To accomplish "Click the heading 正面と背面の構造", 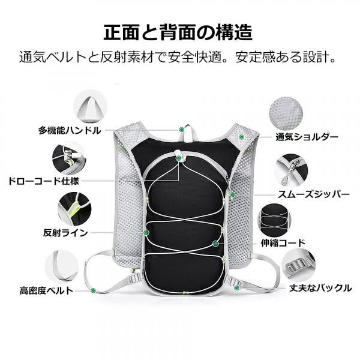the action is [x=178, y=32].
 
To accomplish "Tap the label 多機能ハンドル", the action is [x=70, y=130].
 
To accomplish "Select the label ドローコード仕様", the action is [x=44, y=181].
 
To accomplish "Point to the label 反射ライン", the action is [x=65, y=233].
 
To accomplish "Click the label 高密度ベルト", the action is [x=46, y=290].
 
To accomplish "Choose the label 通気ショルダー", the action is [x=307, y=137].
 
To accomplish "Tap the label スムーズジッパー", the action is [x=313, y=194].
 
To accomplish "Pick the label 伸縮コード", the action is [x=283, y=242].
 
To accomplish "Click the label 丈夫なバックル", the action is [x=320, y=287].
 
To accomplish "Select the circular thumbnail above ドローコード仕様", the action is [x=69, y=160].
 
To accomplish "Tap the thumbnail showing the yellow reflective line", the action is [x=74, y=209].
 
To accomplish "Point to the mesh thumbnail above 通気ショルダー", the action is [x=286, y=114].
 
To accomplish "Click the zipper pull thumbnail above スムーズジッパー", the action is [x=291, y=170].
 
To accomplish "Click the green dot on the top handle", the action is [x=182, y=130].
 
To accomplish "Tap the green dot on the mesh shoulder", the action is [x=241, y=137].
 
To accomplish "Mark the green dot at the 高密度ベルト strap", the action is [x=93, y=290].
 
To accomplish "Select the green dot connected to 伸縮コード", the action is [x=215, y=244].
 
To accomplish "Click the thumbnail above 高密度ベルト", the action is [x=62, y=266].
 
